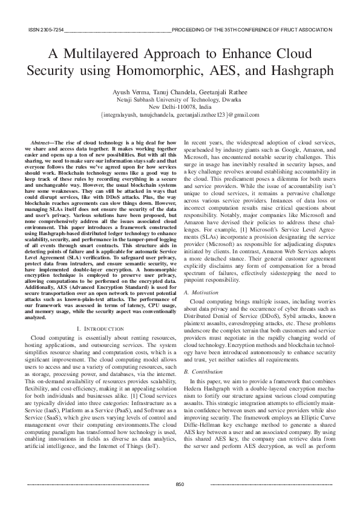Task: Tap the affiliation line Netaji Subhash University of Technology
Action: pos(180,98)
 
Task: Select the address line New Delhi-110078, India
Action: pos(180,105)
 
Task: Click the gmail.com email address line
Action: pos(180,113)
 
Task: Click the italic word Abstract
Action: pos(41,140)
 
